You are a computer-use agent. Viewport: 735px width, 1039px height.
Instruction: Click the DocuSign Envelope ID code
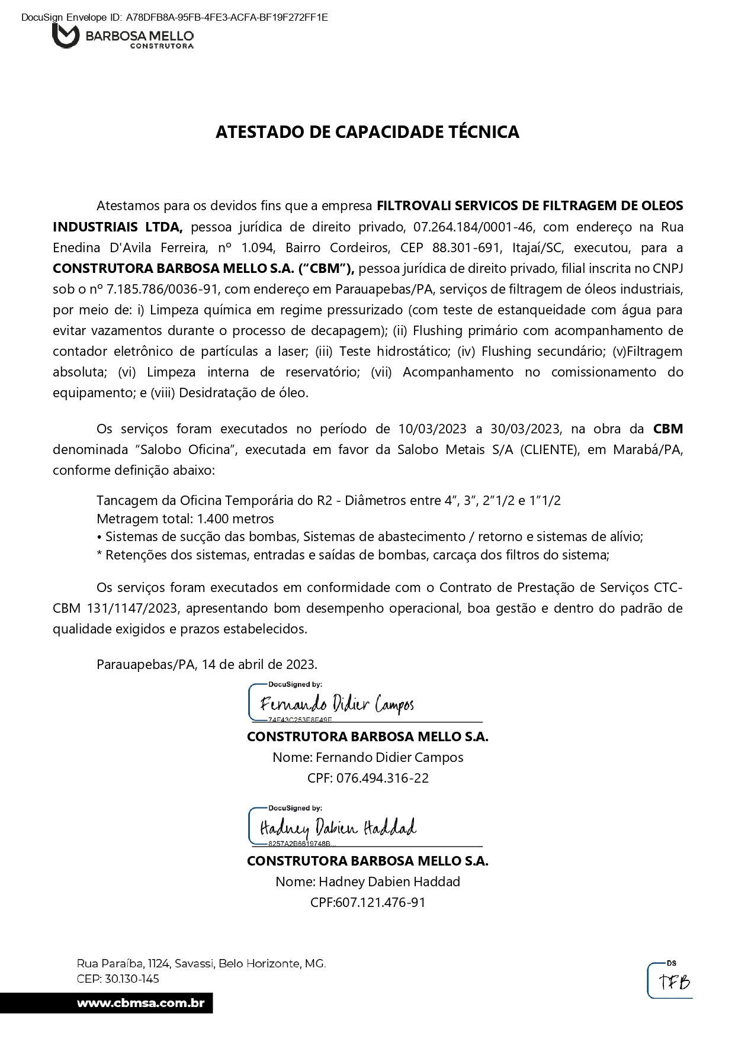(x=227, y=18)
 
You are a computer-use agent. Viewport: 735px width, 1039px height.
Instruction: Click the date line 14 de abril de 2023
(x=259, y=664)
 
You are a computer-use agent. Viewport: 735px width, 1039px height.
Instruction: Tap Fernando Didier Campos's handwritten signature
(x=336, y=705)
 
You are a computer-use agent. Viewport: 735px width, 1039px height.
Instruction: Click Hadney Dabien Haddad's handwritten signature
(x=338, y=828)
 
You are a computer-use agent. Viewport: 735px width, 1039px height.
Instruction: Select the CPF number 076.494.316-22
(x=382, y=778)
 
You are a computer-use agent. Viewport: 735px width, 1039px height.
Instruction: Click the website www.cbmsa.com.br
(x=141, y=1003)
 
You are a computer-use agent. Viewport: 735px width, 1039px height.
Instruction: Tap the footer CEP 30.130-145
(x=131, y=979)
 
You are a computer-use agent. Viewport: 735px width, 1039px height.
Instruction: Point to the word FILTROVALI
(x=415, y=206)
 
